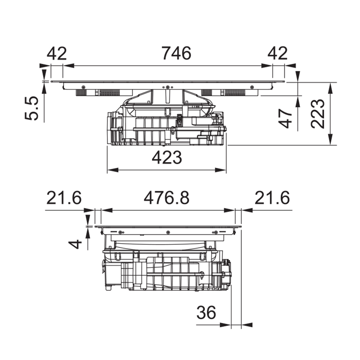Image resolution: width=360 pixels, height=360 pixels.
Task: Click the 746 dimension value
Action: click(176, 53)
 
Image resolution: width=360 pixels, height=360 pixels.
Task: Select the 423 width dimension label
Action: click(167, 158)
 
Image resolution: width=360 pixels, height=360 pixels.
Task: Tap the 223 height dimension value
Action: click(318, 114)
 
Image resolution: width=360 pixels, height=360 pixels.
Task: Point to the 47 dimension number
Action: click(285, 118)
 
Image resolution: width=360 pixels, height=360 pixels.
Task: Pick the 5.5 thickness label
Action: click(31, 108)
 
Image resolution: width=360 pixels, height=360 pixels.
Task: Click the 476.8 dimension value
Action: click(166, 198)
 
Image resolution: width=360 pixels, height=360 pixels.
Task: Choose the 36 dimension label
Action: click(206, 312)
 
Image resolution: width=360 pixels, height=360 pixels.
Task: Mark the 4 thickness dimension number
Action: click(76, 244)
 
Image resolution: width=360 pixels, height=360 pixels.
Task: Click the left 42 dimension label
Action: click(57, 53)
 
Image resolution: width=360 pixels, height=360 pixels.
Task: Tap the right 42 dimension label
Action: click(278, 53)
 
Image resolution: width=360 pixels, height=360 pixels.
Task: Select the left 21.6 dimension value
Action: click(64, 198)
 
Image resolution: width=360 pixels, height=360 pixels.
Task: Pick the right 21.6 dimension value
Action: click(272, 198)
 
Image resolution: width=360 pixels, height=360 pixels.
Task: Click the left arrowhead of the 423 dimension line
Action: click(112, 170)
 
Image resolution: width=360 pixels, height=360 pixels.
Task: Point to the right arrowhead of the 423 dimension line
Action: click(221, 170)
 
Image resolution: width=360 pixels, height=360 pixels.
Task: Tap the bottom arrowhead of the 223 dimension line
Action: click(330, 140)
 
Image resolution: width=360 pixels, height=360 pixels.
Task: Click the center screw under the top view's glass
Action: click(168, 87)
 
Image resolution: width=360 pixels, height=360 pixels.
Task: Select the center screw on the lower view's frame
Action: click(168, 233)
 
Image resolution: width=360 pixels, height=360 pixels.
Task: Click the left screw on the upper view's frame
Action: click(83, 87)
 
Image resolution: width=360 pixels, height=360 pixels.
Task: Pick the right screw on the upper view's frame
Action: click(252, 87)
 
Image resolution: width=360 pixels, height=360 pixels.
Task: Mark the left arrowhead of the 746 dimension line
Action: click(68, 66)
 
